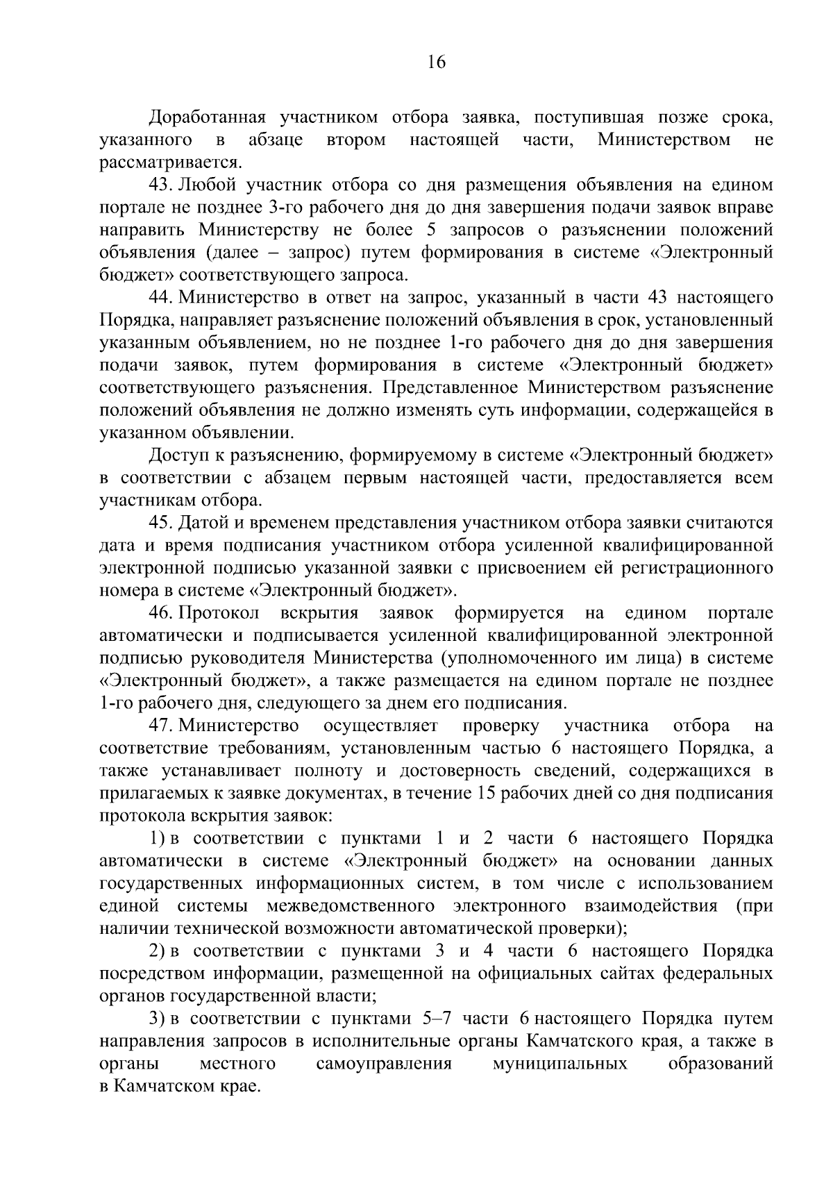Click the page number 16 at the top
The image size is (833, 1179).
pos(437,62)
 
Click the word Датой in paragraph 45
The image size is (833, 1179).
pos(203,523)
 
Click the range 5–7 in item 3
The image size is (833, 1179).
pos(437,1019)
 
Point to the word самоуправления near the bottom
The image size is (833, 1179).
pos(384,1064)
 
